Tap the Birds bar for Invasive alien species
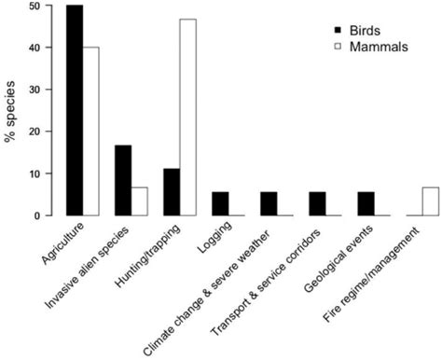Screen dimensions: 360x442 (x=122, y=180)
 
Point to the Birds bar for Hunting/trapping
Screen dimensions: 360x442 (x=171, y=192)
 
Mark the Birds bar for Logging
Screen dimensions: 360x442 (x=219, y=203)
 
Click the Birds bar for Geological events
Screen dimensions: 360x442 (x=365, y=203)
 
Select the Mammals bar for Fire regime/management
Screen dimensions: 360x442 (x=430, y=201)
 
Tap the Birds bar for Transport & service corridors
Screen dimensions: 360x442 (x=316, y=203)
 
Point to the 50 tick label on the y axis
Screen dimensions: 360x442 (x=34, y=6)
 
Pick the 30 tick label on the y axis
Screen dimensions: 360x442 (x=34, y=90)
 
